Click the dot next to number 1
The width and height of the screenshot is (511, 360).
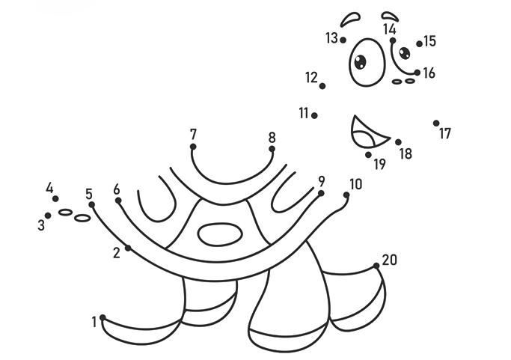click(x=103, y=317)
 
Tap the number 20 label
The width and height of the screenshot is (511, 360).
click(x=389, y=260)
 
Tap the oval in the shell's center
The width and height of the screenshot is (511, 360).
click(x=221, y=234)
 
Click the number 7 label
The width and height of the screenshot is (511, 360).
click(x=193, y=134)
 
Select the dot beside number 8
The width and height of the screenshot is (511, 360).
click(x=272, y=149)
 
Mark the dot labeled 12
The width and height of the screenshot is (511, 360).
click(x=322, y=86)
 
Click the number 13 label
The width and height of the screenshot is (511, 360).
click(x=331, y=37)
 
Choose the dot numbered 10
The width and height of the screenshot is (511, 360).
click(x=346, y=195)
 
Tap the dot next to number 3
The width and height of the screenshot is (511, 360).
click(x=48, y=216)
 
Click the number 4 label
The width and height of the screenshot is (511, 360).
click(x=50, y=189)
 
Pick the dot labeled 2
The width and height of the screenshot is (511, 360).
click(x=128, y=248)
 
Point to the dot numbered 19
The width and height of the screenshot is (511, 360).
click(x=369, y=155)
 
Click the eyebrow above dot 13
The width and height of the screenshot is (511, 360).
click(x=349, y=18)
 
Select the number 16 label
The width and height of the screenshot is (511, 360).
click(x=429, y=73)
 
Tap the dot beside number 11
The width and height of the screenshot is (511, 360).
click(x=314, y=115)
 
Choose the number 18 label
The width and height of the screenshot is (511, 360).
click(x=406, y=153)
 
